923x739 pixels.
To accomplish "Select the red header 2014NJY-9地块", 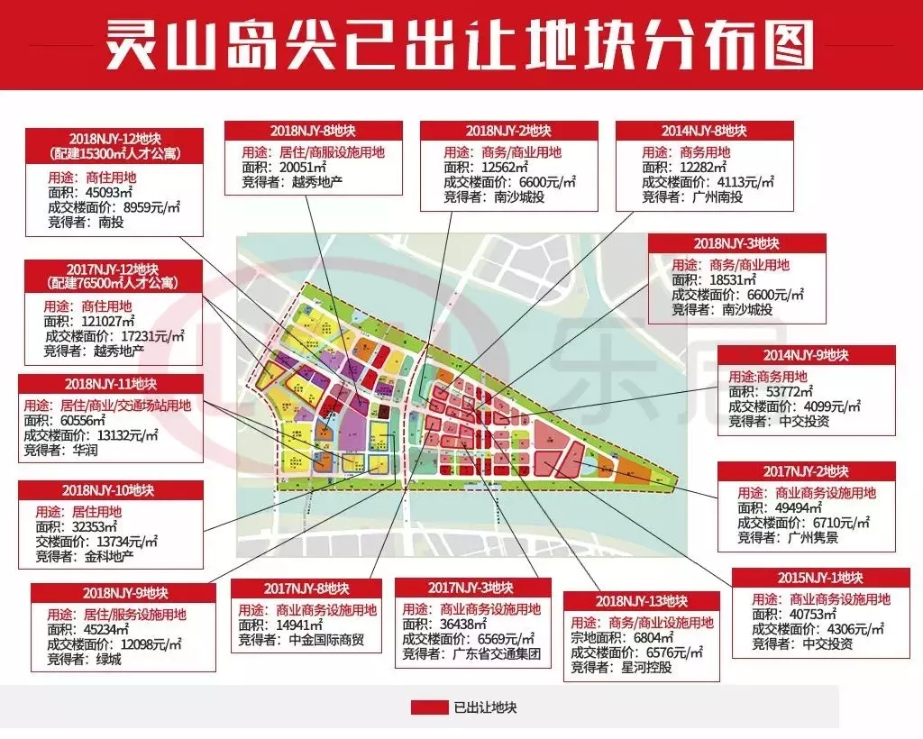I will click(x=806, y=355).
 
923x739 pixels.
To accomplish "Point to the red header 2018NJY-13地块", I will click(x=642, y=601).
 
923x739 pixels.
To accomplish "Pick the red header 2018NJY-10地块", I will click(x=108, y=490).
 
